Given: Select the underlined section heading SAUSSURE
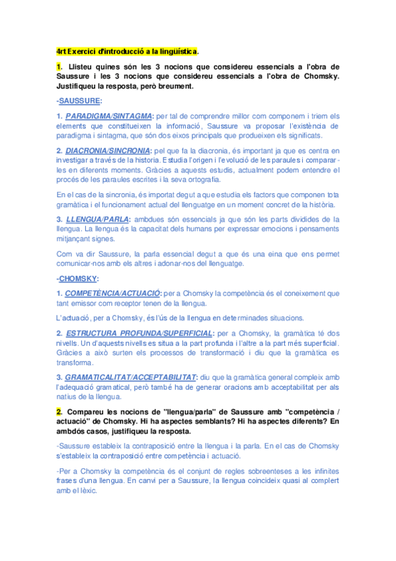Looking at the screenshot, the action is click(79, 101).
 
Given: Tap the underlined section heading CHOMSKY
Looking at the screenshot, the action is click(79, 279).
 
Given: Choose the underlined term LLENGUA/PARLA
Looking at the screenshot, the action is click(98, 220).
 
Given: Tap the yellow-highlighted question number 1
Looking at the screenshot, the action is click(59, 67).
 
